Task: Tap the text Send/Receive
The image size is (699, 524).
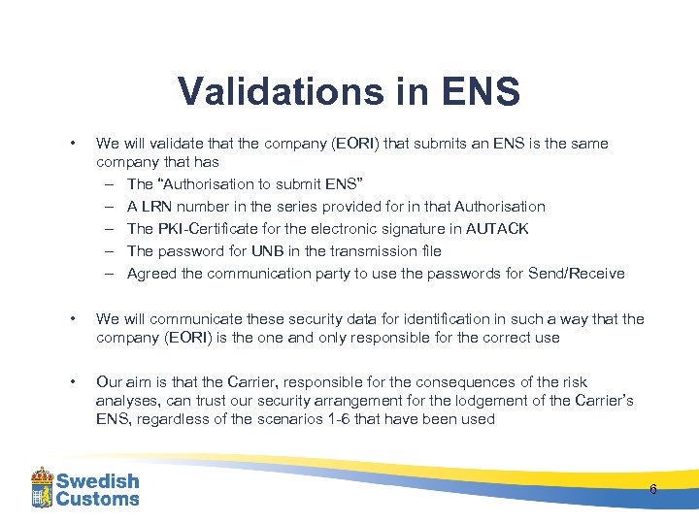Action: [x=577, y=273]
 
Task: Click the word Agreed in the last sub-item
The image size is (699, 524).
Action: [x=151, y=273]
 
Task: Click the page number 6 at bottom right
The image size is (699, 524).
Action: [x=652, y=489]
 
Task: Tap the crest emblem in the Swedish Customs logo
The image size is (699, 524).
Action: [x=41, y=487]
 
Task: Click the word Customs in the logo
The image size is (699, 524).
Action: [x=97, y=499]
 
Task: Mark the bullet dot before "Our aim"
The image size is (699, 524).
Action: [x=74, y=382]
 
